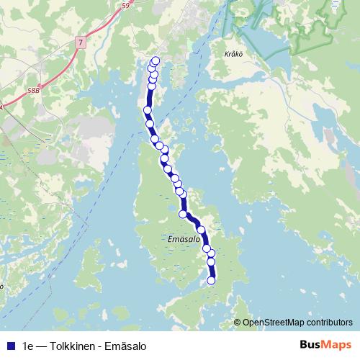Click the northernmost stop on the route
tap(156, 61)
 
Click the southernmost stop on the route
tap(212, 281)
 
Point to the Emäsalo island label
tap(182, 238)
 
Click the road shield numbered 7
tap(81, 44)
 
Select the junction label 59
tap(127, 5)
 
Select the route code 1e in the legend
tap(29, 346)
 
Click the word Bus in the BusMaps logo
tap(312, 345)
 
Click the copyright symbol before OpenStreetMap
tap(237, 322)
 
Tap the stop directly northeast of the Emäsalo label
tap(201, 230)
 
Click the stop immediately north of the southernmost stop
tap(212, 261)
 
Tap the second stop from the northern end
tap(151, 68)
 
